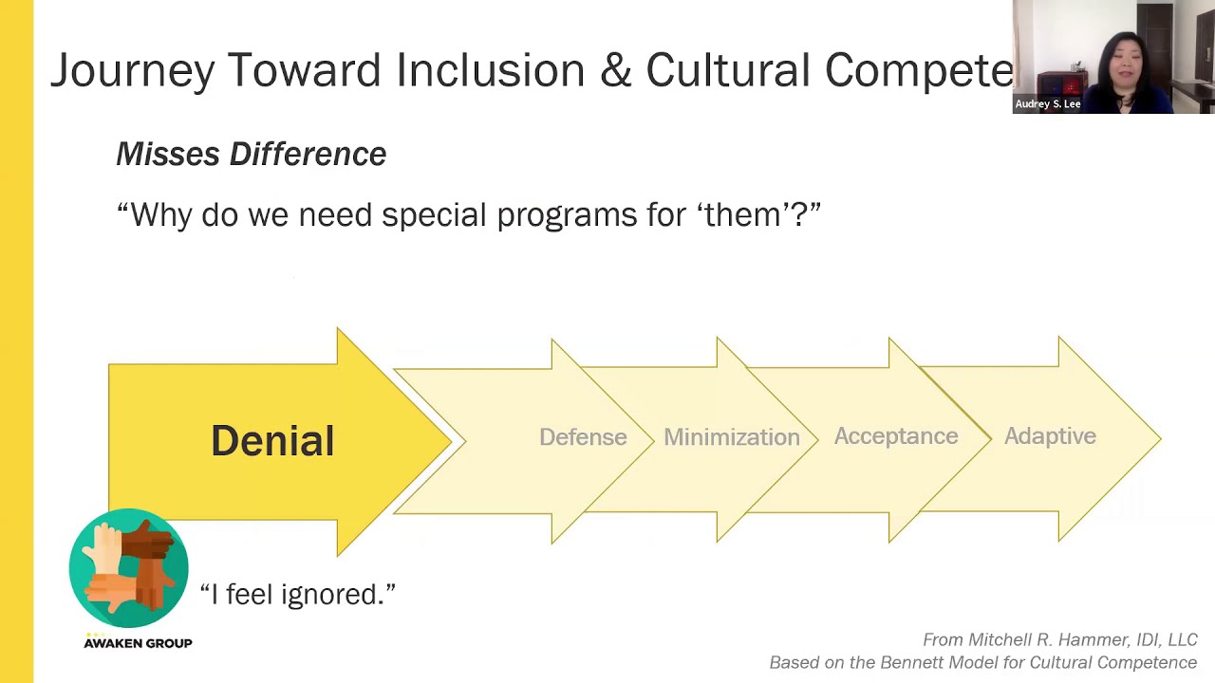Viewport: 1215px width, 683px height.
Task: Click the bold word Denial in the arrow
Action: point(272,441)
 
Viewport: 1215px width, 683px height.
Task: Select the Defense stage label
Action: point(583,437)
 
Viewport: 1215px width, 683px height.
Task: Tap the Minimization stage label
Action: point(731,437)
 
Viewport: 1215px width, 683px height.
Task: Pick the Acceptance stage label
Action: point(895,436)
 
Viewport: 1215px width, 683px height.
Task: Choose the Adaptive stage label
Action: point(1050,436)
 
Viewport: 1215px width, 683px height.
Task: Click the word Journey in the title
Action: point(132,71)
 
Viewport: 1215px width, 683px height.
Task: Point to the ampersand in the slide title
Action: point(615,71)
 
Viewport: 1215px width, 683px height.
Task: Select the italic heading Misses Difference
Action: point(251,154)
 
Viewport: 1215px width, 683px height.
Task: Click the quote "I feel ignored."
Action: point(297,595)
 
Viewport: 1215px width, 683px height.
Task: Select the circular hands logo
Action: point(129,568)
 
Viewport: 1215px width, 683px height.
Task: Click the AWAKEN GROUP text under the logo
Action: point(138,643)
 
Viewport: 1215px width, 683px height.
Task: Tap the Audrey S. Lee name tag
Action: point(1048,104)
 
